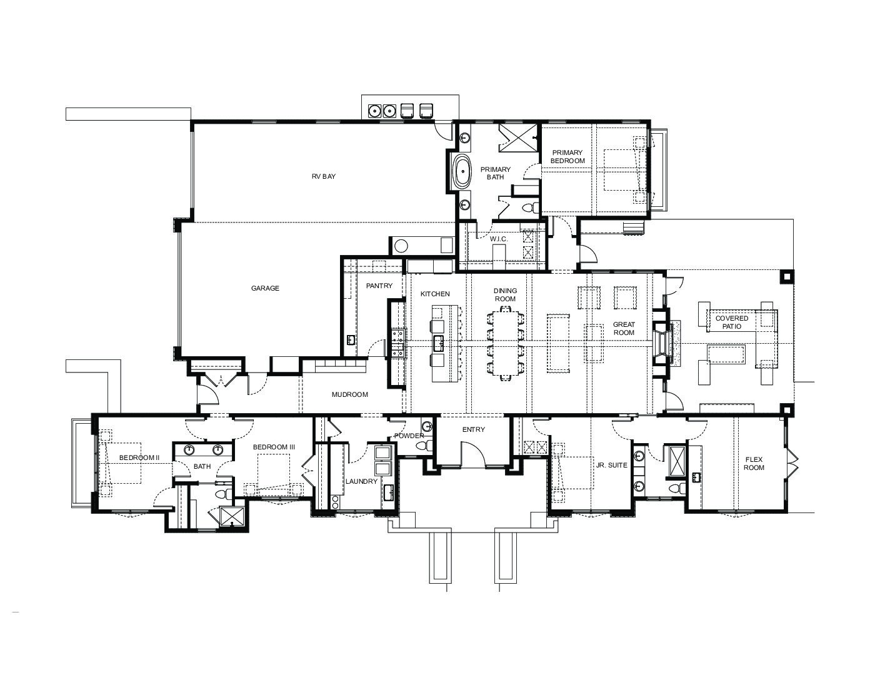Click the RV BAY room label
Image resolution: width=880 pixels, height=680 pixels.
(x=324, y=177)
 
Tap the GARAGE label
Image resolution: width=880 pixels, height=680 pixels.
(x=265, y=288)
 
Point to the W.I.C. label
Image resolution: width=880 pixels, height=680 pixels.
(x=499, y=239)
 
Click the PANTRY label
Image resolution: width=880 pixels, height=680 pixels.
(x=379, y=286)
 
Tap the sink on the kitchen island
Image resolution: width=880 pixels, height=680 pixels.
(x=438, y=344)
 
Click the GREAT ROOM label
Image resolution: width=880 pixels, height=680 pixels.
(x=624, y=329)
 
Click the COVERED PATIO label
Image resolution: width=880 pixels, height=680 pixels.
(x=732, y=322)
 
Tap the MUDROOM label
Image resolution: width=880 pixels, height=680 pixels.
(x=350, y=394)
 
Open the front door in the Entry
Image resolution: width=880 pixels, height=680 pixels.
(x=472, y=454)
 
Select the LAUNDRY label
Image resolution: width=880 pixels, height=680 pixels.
(x=361, y=481)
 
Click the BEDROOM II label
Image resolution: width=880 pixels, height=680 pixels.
(x=139, y=457)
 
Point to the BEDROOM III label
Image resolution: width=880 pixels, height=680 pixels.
(x=274, y=447)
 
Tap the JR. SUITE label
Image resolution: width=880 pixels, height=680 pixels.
(x=611, y=466)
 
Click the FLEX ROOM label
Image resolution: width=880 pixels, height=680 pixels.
(x=754, y=464)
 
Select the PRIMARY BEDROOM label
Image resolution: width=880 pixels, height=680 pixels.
(x=567, y=157)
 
